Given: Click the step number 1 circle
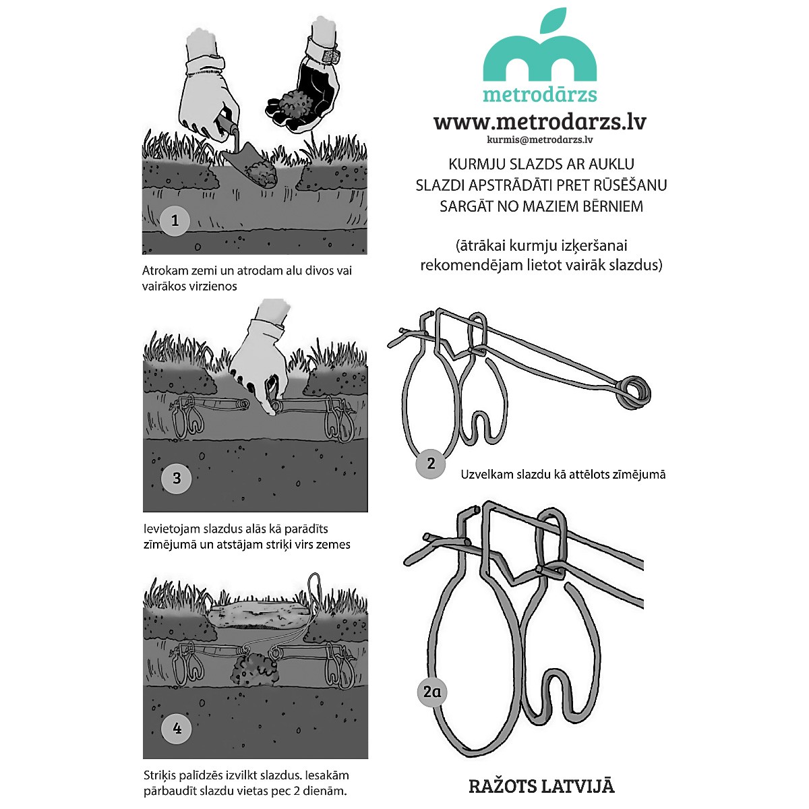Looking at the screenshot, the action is point(175,220).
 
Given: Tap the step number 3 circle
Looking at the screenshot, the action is point(177,478).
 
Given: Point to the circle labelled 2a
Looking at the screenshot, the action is point(432,692).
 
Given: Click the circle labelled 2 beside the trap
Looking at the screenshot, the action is point(431,463).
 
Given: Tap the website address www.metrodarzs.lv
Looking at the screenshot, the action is point(540,122).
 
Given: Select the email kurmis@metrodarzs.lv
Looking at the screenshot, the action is point(540,140).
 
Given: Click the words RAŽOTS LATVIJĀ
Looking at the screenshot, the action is point(541,786).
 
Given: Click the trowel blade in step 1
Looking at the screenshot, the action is point(251,165).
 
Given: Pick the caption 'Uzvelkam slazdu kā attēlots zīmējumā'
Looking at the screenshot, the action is point(563,475).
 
